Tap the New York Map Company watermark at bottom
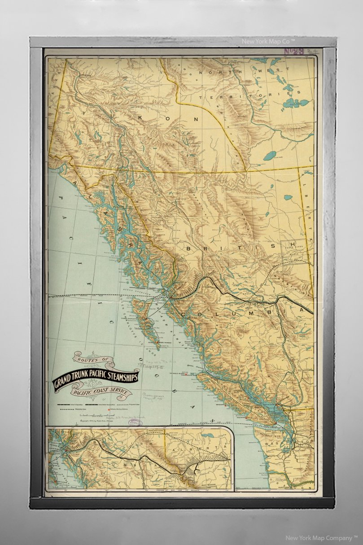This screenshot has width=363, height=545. (x=321, y=537)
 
